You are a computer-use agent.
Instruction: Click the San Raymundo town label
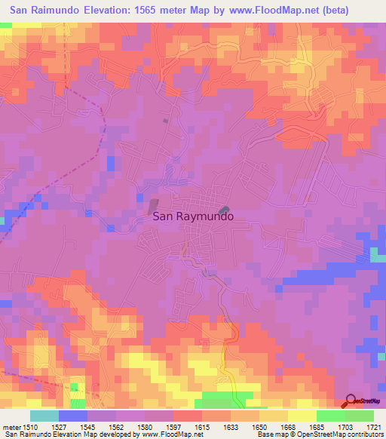pos(193,215)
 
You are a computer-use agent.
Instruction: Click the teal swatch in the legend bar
pos(44,416)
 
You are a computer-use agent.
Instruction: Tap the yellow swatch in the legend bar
pos(302,416)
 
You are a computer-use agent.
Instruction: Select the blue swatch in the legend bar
pos(73,416)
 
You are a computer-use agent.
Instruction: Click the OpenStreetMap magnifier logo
pos(352,401)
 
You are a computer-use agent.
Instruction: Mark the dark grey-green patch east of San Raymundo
pos(223,210)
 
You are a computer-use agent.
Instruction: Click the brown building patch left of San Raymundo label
pos(154,204)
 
